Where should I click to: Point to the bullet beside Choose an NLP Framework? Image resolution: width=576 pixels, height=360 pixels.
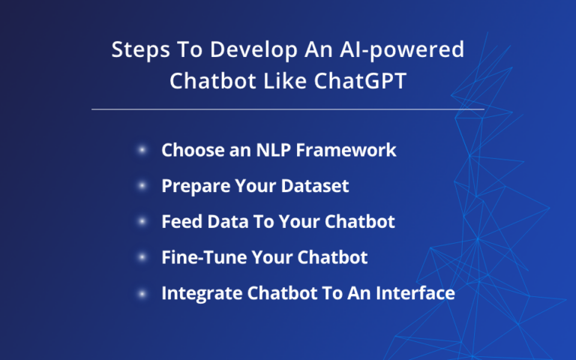[x=142, y=150]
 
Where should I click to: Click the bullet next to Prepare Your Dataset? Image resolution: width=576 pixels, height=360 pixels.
[x=142, y=186]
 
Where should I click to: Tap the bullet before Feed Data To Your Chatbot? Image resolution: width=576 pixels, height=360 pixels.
[x=142, y=222]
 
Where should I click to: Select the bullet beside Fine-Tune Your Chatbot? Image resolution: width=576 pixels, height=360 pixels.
[x=142, y=258]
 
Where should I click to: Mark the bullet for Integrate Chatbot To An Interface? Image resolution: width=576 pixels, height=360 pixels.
[x=142, y=294]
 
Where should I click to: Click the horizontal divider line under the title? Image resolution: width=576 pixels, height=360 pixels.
[x=288, y=109]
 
